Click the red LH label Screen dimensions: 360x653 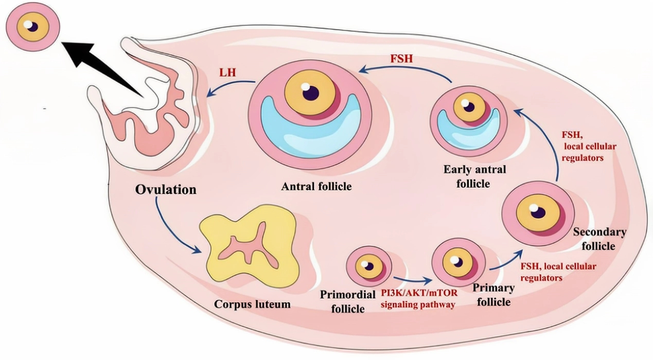[227, 72]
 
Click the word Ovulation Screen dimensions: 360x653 [166, 189]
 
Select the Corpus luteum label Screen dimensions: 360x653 [252, 304]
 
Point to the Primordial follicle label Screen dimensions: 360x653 [342, 302]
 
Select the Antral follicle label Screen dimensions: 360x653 [316, 186]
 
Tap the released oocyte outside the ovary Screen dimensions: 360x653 [32, 25]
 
